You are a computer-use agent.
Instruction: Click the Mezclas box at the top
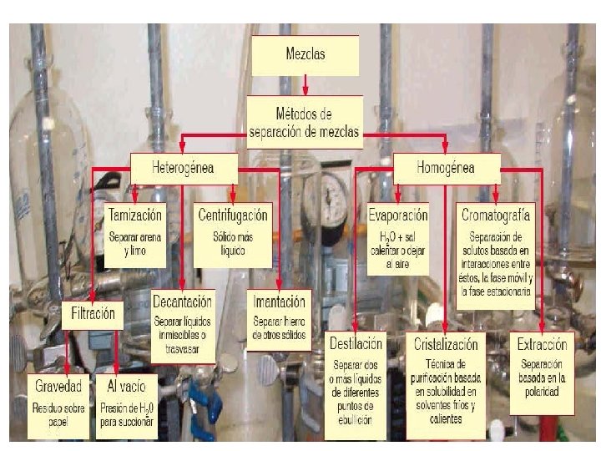(x=305, y=56)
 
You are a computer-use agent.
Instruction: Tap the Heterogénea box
(x=184, y=168)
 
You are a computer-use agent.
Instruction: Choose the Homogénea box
(x=447, y=168)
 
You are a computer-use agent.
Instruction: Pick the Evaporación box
(x=398, y=237)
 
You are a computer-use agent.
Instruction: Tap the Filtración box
(x=93, y=315)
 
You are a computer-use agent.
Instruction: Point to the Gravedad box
(x=59, y=406)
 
